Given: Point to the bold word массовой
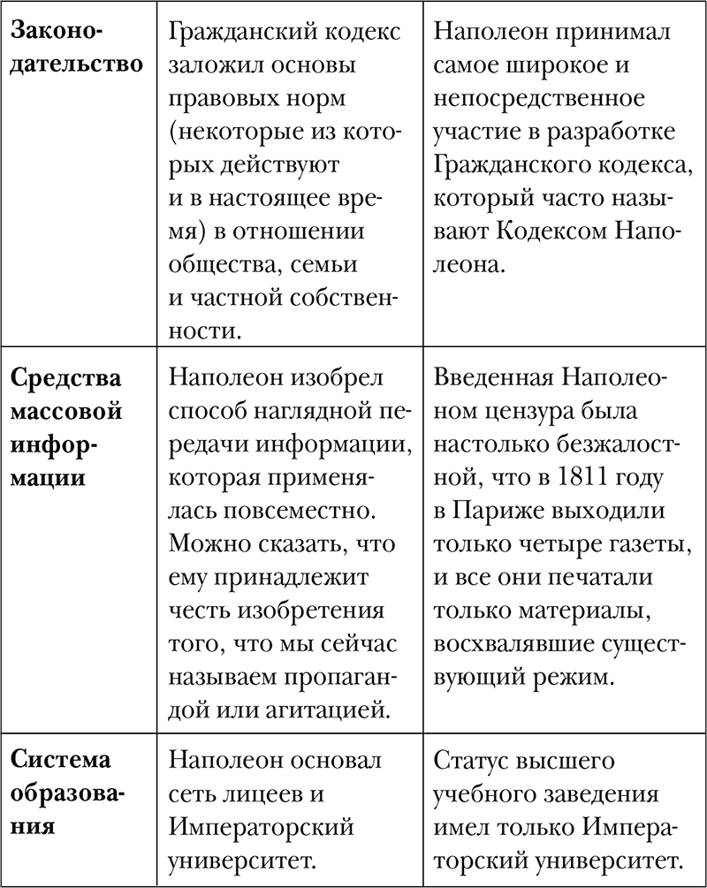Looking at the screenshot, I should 66,413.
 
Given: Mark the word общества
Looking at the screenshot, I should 210,265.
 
